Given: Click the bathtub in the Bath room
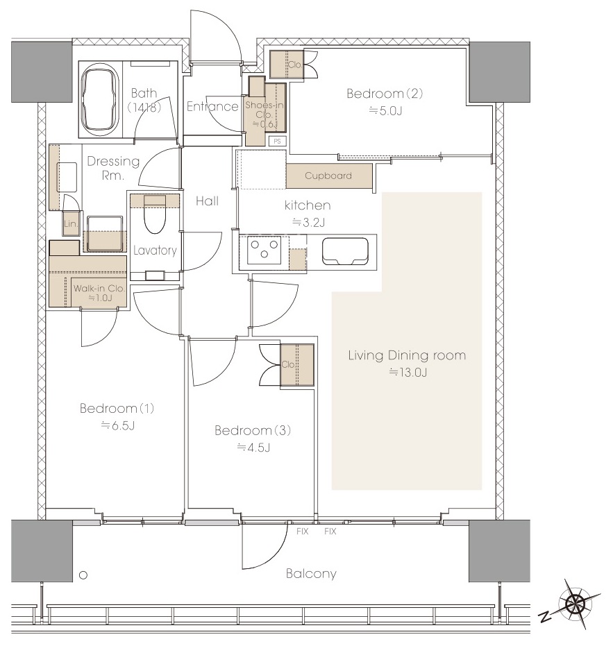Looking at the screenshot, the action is pyautogui.click(x=101, y=99).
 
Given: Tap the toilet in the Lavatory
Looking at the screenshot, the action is pyautogui.click(x=155, y=214).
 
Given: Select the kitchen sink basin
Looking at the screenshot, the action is pyautogui.click(x=345, y=251).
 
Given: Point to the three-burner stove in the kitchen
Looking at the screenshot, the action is pyautogui.click(x=264, y=250).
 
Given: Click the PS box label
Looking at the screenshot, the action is pyautogui.click(x=277, y=141).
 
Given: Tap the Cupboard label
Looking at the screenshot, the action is pyautogui.click(x=328, y=176).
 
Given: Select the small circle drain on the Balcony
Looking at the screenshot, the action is pyautogui.click(x=83, y=575).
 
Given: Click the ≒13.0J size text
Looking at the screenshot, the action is pyautogui.click(x=408, y=373).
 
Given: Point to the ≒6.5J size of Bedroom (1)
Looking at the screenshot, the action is pyautogui.click(x=118, y=425).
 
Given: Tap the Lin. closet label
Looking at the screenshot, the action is pyautogui.click(x=71, y=223).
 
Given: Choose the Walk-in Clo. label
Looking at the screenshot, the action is pyautogui.click(x=99, y=289).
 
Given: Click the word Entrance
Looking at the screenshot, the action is pyautogui.click(x=212, y=106).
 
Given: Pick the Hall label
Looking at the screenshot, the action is pyautogui.click(x=208, y=201).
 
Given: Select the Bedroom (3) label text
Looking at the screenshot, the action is pyautogui.click(x=253, y=430).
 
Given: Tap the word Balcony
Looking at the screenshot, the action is pyautogui.click(x=311, y=573).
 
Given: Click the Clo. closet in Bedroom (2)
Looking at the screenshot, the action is pyautogui.click(x=286, y=65).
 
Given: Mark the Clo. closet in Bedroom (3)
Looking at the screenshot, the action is pyautogui.click(x=297, y=364).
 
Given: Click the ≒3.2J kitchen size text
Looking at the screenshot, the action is pyautogui.click(x=309, y=223).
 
